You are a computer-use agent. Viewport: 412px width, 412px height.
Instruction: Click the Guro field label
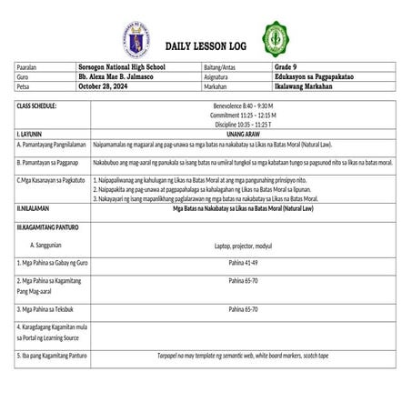(x=23, y=77)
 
